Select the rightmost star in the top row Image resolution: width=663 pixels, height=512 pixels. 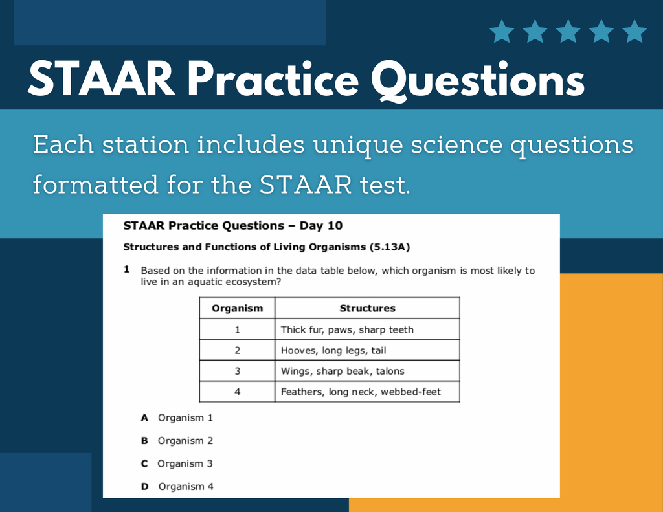(x=635, y=31)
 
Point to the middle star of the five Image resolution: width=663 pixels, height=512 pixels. (x=568, y=31)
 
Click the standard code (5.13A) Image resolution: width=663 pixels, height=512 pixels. (x=389, y=247)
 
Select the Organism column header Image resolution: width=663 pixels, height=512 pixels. (x=237, y=308)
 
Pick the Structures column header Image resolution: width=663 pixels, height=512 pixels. (x=367, y=308)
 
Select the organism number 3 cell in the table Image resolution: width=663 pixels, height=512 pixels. (x=237, y=371)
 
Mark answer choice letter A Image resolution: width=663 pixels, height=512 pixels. (x=145, y=417)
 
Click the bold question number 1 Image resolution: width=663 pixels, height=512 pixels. (x=127, y=269)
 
